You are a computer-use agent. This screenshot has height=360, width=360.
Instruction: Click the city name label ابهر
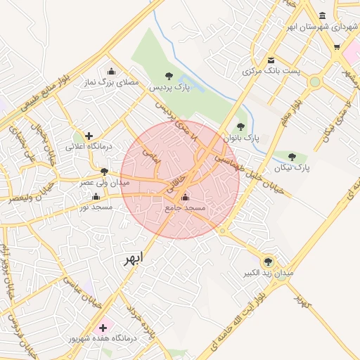(132, 258)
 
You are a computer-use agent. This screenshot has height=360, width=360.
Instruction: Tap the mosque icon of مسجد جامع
(185, 198)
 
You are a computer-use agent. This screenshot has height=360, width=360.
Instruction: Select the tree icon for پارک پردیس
(168, 75)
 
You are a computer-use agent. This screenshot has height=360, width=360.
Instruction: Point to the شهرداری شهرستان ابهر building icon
(322, 15)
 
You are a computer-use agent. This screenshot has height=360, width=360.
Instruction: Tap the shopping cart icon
(337, 47)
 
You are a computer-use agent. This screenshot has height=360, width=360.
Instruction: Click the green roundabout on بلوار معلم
(314, 82)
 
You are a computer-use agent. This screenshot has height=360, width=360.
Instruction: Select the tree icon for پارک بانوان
(241, 127)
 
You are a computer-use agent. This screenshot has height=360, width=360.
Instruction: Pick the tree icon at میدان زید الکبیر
(267, 261)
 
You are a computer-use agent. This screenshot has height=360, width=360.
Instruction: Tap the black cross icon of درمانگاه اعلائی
(89, 136)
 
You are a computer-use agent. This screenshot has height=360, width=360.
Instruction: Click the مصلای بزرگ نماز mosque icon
(111, 71)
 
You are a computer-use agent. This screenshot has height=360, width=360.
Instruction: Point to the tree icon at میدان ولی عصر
(105, 171)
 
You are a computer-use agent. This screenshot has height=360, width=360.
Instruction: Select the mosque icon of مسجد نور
(96, 196)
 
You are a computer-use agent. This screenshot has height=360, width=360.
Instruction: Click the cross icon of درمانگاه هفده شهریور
(103, 327)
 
